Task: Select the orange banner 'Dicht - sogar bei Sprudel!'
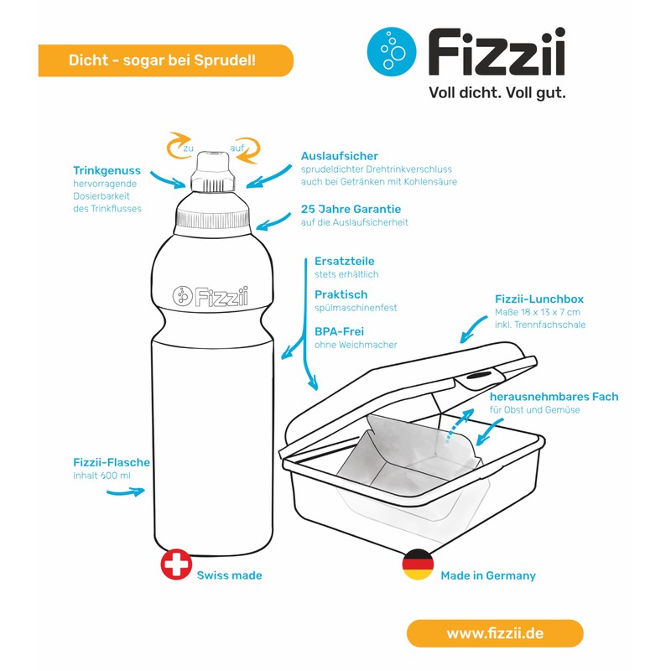point(165,60)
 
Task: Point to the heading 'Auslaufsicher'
point(339,156)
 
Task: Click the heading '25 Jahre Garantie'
point(351,209)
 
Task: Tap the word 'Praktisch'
point(341,294)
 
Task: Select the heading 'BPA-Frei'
point(339,330)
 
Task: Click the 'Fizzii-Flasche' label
point(111,462)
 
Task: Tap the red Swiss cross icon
point(176,564)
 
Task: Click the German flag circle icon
point(418,564)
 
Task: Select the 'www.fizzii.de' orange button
point(494,633)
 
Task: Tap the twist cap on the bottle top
point(213,172)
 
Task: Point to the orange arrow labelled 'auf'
point(245,145)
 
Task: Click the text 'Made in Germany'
point(487,575)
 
